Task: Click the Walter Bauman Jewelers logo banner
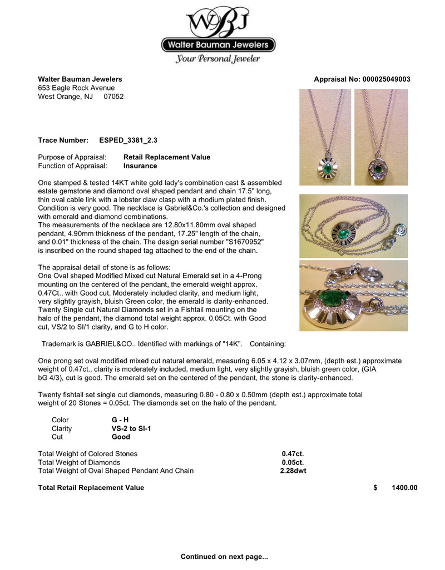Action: click(x=218, y=45)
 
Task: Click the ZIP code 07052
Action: click(x=113, y=96)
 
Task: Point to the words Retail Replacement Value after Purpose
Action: click(x=167, y=157)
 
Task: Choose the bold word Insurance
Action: click(x=140, y=166)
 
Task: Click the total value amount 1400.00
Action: click(x=404, y=488)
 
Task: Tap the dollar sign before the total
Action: click(x=375, y=488)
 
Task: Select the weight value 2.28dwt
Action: click(x=293, y=471)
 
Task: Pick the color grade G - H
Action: click(x=120, y=421)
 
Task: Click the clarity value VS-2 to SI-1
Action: click(x=131, y=429)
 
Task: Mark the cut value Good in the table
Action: click(x=121, y=437)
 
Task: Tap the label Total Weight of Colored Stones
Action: click(x=87, y=454)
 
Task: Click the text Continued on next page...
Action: click(x=224, y=556)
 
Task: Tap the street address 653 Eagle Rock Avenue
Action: click(x=76, y=88)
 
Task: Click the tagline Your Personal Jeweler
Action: click(x=218, y=59)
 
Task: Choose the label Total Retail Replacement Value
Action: click(x=91, y=488)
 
